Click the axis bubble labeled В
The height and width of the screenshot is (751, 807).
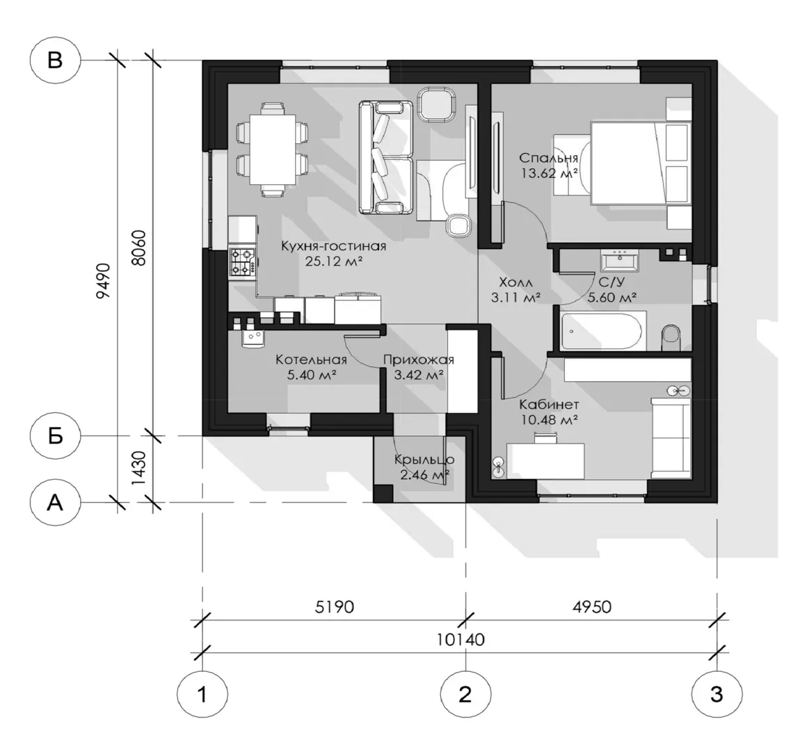55,60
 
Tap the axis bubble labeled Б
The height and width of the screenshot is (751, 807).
55,436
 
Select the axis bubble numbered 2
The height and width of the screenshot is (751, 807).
465,693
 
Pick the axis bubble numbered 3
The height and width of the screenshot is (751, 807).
717,693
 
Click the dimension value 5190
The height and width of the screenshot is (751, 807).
335,606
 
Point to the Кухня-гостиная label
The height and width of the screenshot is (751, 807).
333,246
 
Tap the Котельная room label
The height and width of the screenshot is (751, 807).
311,360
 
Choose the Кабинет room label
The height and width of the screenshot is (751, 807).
550,404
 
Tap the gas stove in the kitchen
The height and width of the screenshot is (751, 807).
241,261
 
